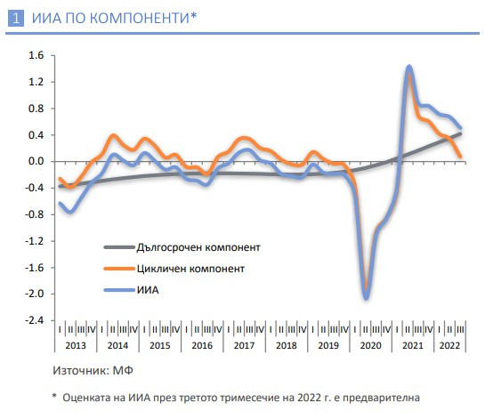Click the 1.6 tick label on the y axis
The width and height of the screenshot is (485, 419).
[x=36, y=55]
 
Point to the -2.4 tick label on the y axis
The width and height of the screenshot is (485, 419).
[x=35, y=320]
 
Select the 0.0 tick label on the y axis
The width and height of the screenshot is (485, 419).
[x=36, y=161]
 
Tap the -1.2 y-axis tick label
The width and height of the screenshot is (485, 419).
[x=35, y=241]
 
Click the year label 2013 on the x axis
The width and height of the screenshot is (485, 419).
[x=77, y=345]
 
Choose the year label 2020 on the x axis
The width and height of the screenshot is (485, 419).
[x=371, y=345]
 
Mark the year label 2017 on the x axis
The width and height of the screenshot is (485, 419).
[x=245, y=345]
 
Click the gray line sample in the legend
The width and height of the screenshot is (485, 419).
[x=118, y=246]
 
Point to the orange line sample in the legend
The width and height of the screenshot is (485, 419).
[x=118, y=267]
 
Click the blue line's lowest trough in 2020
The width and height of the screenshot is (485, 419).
[x=366, y=298]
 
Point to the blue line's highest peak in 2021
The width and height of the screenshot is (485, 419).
[x=408, y=67]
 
